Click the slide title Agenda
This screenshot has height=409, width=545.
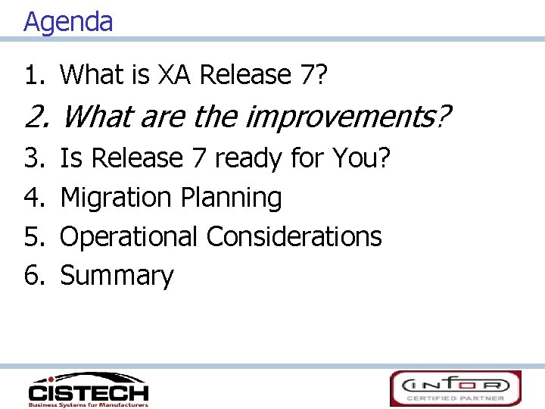pyautogui.click(x=68, y=21)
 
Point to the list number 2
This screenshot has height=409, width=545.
pyautogui.click(x=36, y=117)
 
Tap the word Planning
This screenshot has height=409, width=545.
pyautogui.click(x=231, y=198)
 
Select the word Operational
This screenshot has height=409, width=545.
pyautogui.click(x=129, y=237)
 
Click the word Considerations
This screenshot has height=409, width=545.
pyautogui.click(x=294, y=236)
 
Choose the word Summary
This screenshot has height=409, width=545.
pyautogui.click(x=117, y=276)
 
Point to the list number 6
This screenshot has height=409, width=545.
pyautogui.click(x=35, y=276)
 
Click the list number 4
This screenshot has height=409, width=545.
pyautogui.click(x=35, y=198)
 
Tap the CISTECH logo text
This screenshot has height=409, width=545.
pyautogui.click(x=89, y=393)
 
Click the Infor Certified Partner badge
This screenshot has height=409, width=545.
pyautogui.click(x=455, y=388)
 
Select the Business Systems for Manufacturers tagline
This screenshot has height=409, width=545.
pyautogui.click(x=88, y=404)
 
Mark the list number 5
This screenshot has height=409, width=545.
pyautogui.click(x=35, y=237)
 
